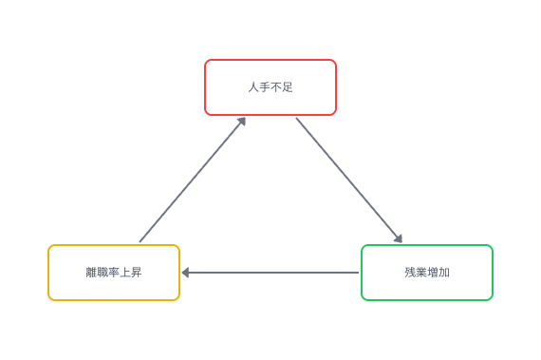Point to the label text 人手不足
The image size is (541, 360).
(x=270, y=87)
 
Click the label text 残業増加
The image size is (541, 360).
(x=427, y=273)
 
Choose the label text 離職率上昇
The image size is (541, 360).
(x=114, y=273)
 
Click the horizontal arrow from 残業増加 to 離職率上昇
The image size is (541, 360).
(x=270, y=273)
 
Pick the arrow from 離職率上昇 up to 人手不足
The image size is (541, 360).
(x=192, y=180)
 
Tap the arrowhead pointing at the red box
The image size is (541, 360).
(x=242, y=121)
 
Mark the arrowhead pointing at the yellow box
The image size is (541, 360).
(x=185, y=273)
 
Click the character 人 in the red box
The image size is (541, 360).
(x=253, y=87)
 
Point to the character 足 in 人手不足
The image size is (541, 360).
(x=288, y=87)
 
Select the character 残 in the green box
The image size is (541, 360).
(x=410, y=273)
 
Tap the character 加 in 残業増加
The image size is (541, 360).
(x=444, y=273)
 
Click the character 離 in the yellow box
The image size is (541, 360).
(x=91, y=273)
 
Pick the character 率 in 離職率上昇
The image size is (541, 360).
(x=114, y=273)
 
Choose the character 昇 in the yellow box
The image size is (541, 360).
(x=137, y=273)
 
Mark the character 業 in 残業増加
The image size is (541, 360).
(x=421, y=273)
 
